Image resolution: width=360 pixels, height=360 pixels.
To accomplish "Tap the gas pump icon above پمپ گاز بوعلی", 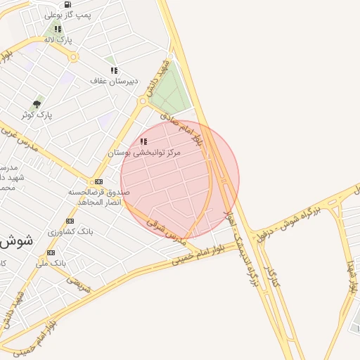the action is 67,4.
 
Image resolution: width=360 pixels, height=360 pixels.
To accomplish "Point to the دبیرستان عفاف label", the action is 108,81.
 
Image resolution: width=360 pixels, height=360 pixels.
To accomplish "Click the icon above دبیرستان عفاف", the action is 114,70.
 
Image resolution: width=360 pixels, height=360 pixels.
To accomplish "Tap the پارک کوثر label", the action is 37,114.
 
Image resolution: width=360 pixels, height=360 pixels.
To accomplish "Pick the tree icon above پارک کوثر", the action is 37,104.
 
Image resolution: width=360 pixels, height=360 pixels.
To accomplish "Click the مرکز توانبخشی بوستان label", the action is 144,153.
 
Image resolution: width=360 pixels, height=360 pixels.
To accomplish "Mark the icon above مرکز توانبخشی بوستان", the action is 144,142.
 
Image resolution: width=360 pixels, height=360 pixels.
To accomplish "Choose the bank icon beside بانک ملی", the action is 51,252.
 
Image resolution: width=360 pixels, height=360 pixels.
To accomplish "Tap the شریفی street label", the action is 78,283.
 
